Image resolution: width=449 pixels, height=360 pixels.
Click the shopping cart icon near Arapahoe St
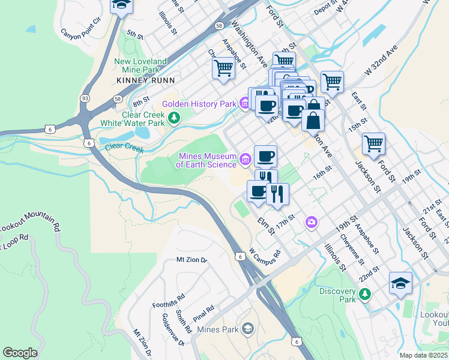tap(223, 68)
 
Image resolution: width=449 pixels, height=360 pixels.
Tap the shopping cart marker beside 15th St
tap(373, 144)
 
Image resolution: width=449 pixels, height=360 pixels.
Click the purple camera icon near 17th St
tap(311, 222)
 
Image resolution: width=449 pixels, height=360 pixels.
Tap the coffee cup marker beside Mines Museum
tap(265, 157)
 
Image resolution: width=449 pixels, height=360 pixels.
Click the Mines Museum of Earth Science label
tap(207, 160)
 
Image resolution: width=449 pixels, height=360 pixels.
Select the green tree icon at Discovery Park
tap(364, 294)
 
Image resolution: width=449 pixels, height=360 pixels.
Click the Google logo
tap(20, 353)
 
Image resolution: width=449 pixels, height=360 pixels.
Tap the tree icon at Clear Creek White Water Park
tap(173, 118)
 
